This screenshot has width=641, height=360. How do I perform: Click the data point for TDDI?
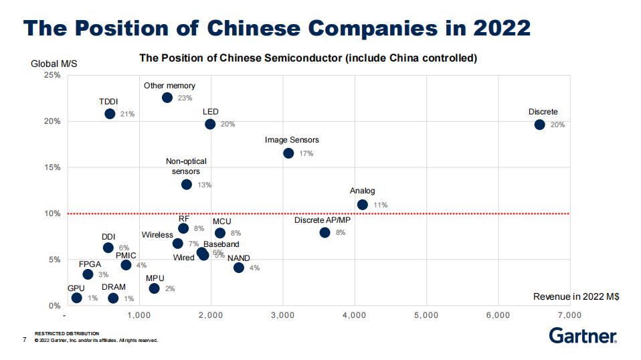coord(110,114)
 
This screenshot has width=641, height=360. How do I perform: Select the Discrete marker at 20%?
coord(539,124)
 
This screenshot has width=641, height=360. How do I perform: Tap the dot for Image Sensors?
coord(288,153)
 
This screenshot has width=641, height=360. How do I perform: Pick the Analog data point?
coord(363,205)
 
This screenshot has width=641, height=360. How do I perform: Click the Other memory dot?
coord(167,98)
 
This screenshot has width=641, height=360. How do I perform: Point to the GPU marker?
coord(76,298)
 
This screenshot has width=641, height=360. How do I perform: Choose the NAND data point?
coord(239,268)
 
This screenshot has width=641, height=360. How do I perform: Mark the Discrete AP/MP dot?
coord(325,233)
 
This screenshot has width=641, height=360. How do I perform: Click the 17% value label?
coord(306,154)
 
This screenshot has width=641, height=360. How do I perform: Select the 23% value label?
coord(185,98)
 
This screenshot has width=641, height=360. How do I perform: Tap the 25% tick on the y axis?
coord(52,75)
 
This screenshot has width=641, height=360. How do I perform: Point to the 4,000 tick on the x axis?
coord(355,314)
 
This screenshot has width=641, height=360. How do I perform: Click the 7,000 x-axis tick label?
coord(570,314)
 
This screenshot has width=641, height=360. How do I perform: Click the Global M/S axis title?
coord(54,64)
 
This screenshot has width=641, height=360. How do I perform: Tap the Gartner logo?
coord(583,335)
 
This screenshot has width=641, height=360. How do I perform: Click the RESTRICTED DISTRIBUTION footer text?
coord(67,333)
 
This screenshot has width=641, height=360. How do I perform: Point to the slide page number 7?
coord(25,340)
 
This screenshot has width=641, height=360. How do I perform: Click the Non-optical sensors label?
coord(186,166)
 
